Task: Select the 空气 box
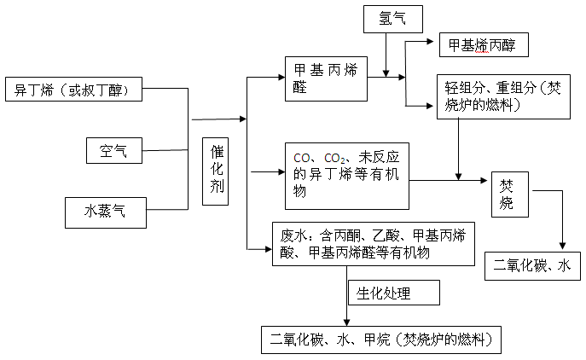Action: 113,151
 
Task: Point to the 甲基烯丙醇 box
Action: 483,45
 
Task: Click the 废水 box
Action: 374,246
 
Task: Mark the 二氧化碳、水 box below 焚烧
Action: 532,265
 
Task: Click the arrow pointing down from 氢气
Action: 387,60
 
